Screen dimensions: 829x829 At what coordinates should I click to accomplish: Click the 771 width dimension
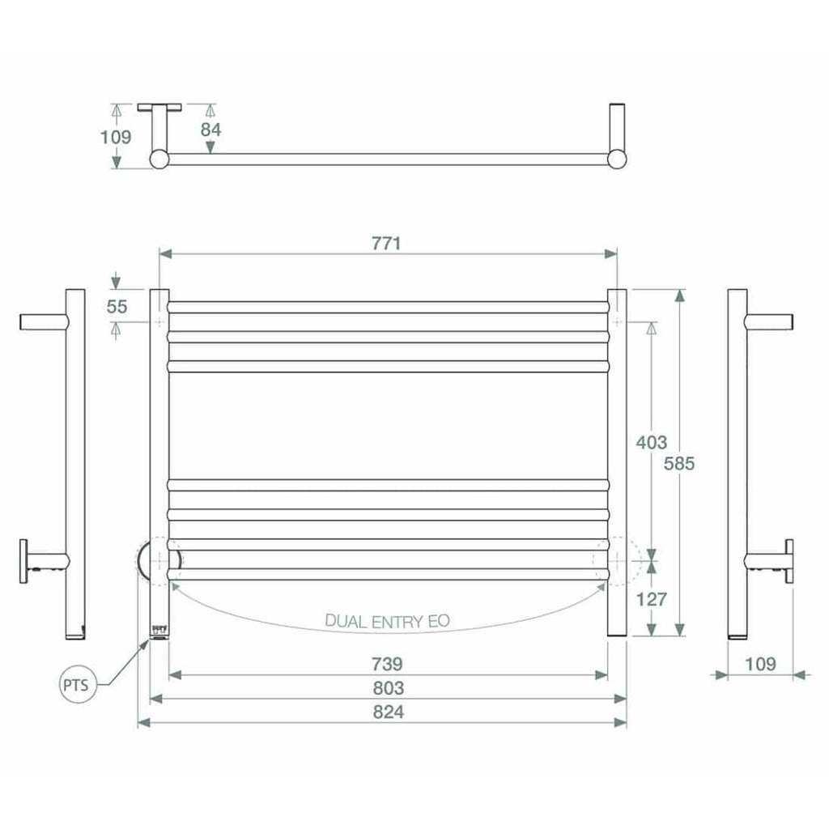coord(387,243)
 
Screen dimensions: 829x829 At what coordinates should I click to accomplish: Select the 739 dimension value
coord(387,664)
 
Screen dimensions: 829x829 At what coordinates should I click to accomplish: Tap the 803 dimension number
coord(387,688)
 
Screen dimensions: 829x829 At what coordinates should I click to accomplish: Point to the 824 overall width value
coord(387,712)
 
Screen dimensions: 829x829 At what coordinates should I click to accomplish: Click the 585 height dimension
coord(679,463)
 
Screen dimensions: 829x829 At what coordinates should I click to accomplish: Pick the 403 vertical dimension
coord(652,442)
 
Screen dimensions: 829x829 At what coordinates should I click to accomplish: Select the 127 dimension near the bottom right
coord(652,599)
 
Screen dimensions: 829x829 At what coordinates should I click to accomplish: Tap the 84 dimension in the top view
coord(210,129)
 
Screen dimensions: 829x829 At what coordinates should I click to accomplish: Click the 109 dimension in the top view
coord(116,137)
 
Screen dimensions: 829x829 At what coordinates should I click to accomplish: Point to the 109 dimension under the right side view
coord(759,664)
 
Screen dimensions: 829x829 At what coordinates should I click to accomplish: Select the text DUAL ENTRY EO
coord(387,621)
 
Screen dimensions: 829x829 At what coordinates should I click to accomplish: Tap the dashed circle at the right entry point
coord(617,559)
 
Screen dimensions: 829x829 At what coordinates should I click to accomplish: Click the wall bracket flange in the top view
coord(160,108)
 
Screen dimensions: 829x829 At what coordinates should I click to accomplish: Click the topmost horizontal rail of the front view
coord(387,307)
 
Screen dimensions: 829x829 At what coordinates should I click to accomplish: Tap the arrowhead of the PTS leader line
coord(147,642)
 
